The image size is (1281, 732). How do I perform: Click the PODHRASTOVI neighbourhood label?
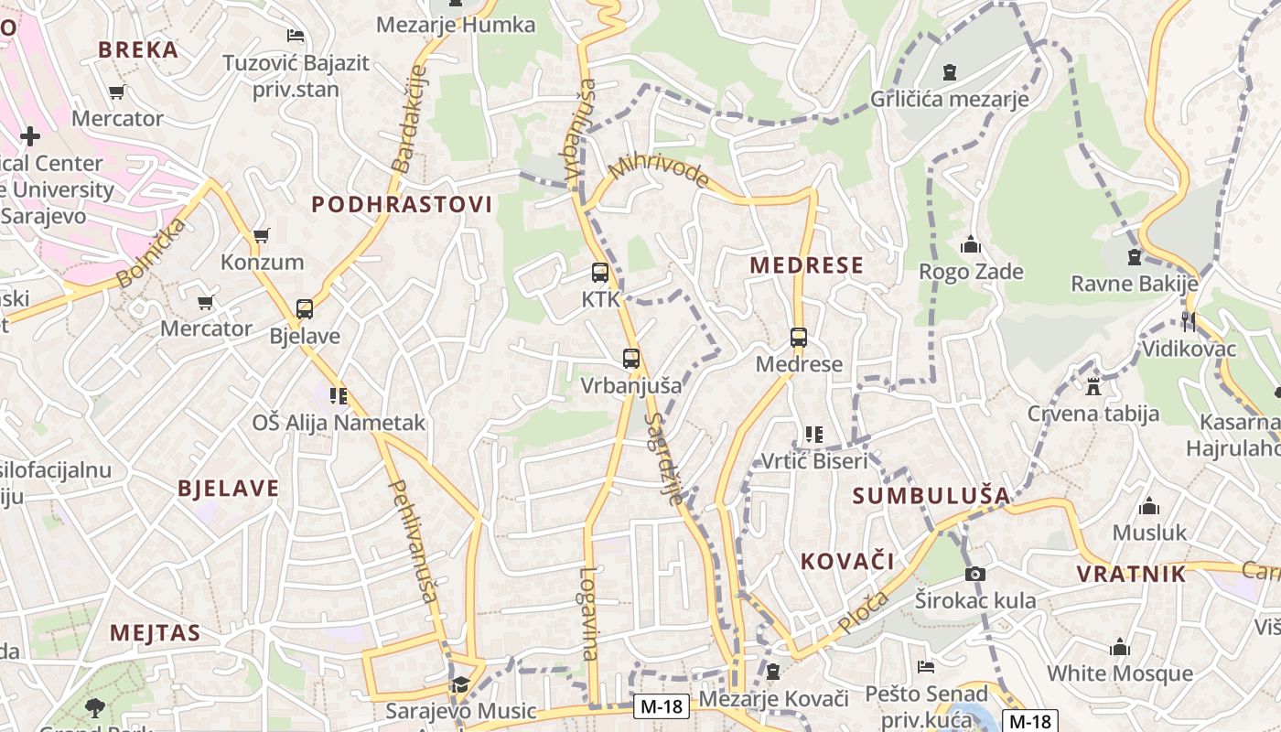(402, 204)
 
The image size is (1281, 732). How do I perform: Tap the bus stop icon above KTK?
(600, 272)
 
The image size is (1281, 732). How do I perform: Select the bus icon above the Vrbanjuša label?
(630, 358)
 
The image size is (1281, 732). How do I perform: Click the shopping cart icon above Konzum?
(262, 235)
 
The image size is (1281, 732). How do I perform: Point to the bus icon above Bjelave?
(305, 308)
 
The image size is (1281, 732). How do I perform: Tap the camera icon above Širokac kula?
(975, 574)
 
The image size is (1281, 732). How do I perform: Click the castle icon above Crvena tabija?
(1093, 386)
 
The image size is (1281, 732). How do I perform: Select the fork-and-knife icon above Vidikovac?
(1188, 321)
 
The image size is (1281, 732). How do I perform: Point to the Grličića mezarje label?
(950, 99)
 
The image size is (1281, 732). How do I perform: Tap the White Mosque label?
(1120, 673)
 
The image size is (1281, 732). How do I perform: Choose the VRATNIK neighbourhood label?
(1131, 575)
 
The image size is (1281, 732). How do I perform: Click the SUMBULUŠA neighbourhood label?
(931, 496)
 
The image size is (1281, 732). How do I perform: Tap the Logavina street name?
(588, 613)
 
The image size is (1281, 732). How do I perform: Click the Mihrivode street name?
(659, 170)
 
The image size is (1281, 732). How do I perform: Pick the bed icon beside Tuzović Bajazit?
(296, 36)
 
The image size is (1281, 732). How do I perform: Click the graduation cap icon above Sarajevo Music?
(459, 684)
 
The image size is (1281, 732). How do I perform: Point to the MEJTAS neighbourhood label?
(155, 632)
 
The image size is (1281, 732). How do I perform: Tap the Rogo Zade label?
(971, 272)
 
